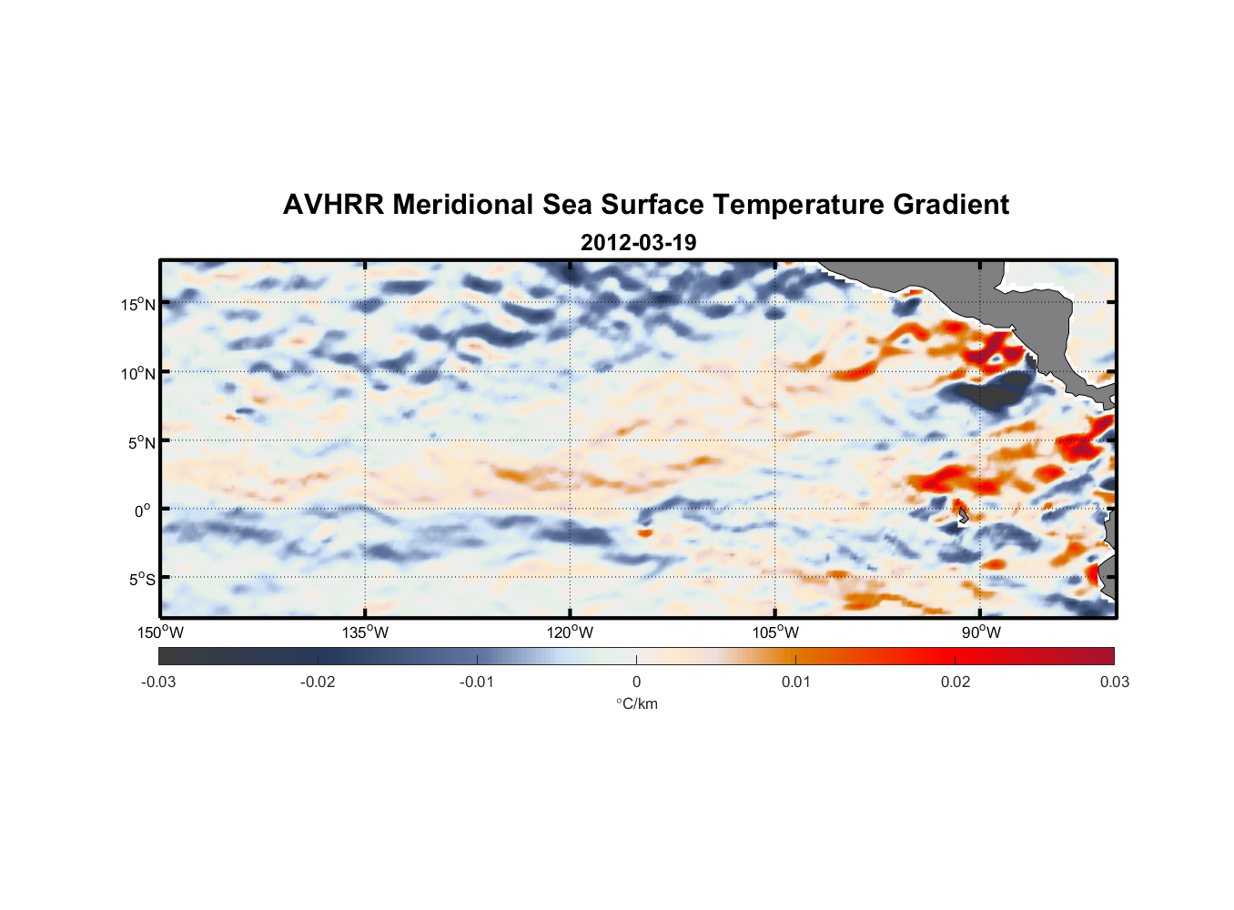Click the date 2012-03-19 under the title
(638, 243)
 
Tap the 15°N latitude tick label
(138, 304)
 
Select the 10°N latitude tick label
(138, 373)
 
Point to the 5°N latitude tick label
(141, 442)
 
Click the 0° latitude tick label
(142, 511)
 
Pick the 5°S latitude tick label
(141, 580)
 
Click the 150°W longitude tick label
(160, 632)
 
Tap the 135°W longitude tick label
(365, 632)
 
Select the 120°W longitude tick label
(570, 632)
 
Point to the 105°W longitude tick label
(775, 632)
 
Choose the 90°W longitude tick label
(981, 632)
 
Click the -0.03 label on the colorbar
(158, 682)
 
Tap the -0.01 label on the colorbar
(477, 682)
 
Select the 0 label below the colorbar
(636, 682)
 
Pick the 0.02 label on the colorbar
(956, 682)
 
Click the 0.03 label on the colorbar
(1114, 682)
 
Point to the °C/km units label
(636, 703)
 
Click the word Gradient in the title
(951, 205)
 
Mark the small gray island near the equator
(962, 516)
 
